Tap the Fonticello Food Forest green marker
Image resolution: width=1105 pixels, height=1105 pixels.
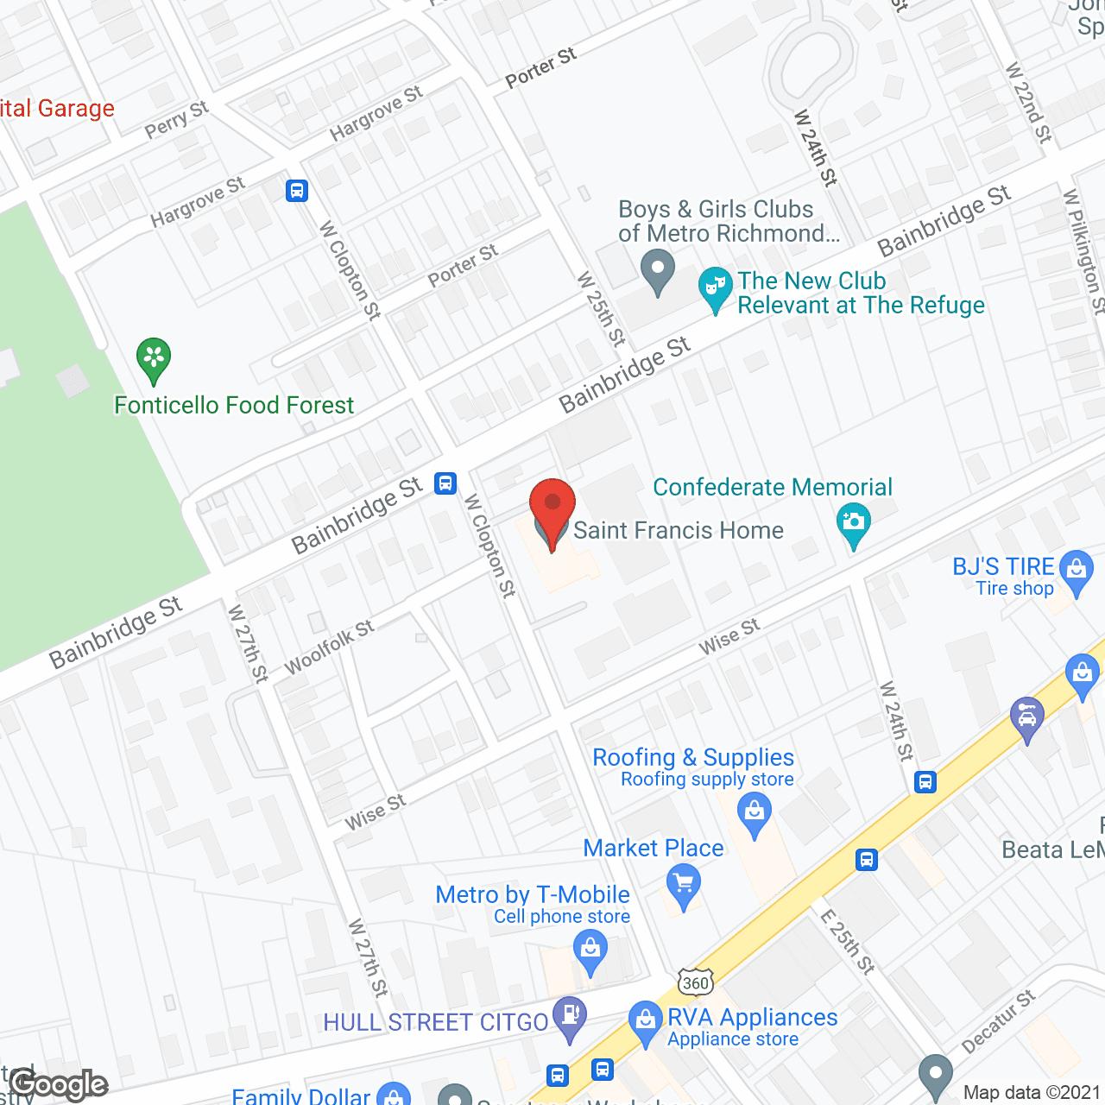tap(154, 358)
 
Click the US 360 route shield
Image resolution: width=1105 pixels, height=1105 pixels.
tap(695, 982)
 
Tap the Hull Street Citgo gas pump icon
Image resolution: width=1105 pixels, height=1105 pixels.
tap(569, 1016)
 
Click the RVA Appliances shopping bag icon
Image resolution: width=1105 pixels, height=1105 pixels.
tap(645, 1021)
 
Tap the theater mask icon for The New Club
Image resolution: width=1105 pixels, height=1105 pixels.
tap(715, 288)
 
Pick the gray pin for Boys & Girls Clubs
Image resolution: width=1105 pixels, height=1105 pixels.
tap(658, 269)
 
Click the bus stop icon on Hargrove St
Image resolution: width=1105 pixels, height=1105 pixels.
tap(297, 190)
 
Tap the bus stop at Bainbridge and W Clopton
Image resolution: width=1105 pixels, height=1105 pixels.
tap(445, 483)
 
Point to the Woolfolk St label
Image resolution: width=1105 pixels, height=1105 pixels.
tap(329, 647)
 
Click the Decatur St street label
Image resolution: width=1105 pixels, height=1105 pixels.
tap(998, 1022)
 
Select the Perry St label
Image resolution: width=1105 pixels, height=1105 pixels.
tap(177, 120)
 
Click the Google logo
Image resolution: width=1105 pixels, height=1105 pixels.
tap(59, 1084)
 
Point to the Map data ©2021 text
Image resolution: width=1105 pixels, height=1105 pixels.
tap(1031, 1092)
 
